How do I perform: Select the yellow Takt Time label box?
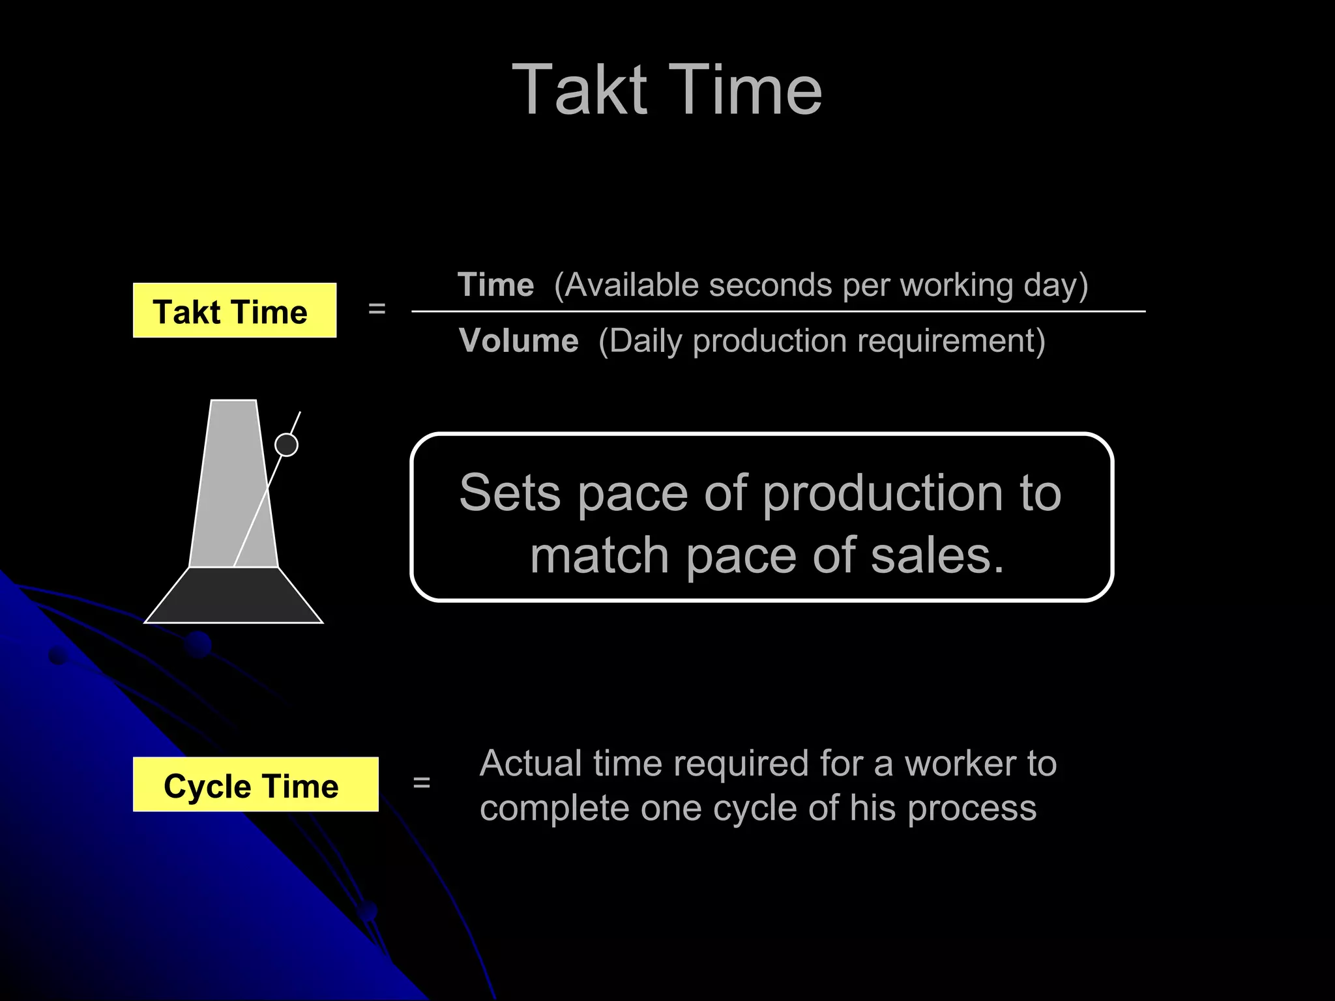click(x=234, y=311)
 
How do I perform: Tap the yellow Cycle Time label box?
click(x=255, y=785)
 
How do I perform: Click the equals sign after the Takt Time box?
click(x=377, y=309)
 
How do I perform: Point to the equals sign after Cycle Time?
click(x=422, y=782)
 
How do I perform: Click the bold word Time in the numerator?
click(x=495, y=285)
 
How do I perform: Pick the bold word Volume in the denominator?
click(x=518, y=340)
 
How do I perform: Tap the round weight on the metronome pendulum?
click(x=286, y=444)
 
